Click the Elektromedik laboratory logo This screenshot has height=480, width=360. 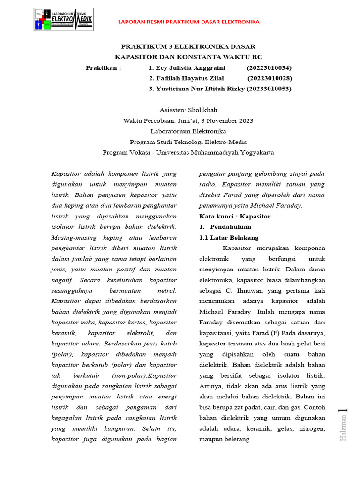point(63,20)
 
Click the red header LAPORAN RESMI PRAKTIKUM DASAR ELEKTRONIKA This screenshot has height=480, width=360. point(188,22)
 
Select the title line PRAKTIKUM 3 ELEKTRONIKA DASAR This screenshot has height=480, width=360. point(188,46)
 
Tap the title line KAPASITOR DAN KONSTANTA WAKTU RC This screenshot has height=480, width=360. point(188,57)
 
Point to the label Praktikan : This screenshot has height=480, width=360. point(103,67)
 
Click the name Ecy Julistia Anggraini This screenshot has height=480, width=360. point(183,67)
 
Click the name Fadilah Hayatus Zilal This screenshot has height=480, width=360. point(186,78)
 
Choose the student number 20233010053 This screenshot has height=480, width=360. point(269,89)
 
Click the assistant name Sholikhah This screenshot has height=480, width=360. point(202,110)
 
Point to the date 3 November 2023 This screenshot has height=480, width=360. point(226,121)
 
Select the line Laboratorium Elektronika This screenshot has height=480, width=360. point(188,131)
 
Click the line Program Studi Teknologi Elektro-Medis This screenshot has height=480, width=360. point(188,142)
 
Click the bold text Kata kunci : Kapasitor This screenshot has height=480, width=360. point(235,217)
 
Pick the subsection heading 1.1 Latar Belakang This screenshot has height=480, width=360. point(229,238)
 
